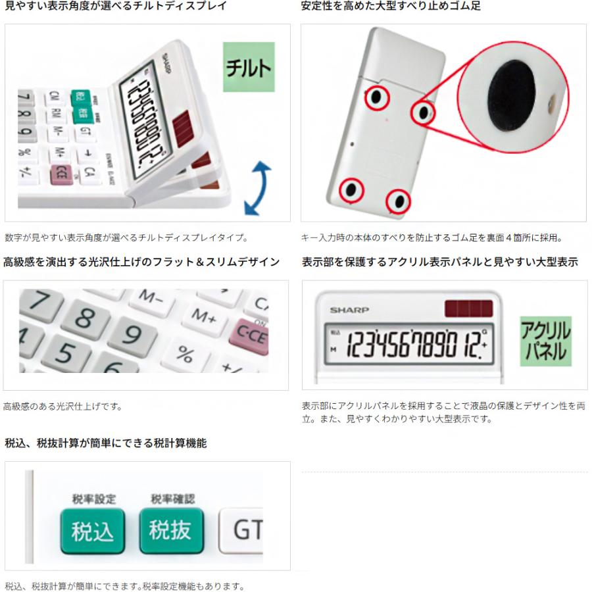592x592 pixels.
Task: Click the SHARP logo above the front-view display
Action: [x=349, y=310]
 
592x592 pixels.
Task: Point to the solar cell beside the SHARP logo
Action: [x=469, y=308]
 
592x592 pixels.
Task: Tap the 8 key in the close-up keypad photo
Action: [x=83, y=320]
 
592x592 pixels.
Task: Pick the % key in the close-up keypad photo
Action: [x=186, y=356]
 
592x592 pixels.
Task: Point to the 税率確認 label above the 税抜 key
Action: [x=172, y=499]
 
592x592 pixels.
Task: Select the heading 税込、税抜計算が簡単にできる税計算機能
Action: [x=105, y=443]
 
